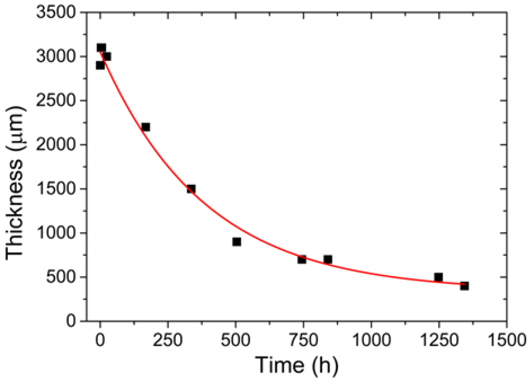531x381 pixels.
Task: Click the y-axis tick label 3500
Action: pos(56,12)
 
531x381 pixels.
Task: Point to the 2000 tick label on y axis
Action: pos(56,145)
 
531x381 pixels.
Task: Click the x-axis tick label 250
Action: pos(168,340)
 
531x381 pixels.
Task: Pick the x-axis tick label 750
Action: pos(303,340)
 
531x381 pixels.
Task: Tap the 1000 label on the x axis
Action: pos(371,340)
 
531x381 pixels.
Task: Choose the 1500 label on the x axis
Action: pos(507,340)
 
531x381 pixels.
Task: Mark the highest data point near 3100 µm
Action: pos(101,48)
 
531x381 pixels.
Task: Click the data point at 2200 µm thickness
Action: pos(146,127)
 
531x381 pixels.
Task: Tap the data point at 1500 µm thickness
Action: pos(191,189)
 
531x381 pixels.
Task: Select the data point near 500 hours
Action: pos(237,242)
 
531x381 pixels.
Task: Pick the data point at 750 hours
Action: pos(302,259)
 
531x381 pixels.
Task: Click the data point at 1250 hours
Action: pos(438,277)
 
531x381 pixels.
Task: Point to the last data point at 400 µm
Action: pos(464,286)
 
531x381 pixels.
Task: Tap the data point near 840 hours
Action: pos(328,259)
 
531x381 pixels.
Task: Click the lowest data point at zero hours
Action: pos(100,65)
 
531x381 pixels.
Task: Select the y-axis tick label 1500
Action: pos(56,189)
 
